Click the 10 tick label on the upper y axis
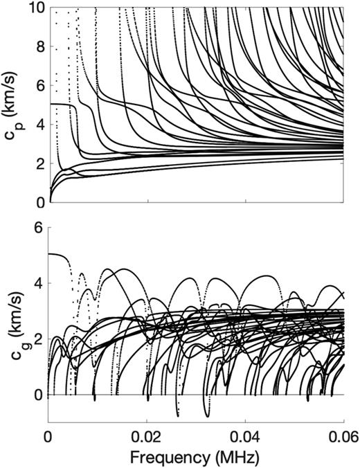click(34, 8)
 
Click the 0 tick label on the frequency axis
click(48, 435)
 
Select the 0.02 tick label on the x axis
click(147, 435)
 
